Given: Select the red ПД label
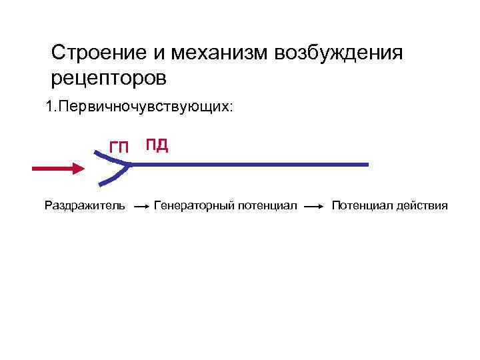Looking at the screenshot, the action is point(157,145).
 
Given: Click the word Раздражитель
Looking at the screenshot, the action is point(84,205).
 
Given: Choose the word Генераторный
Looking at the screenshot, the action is point(193,205).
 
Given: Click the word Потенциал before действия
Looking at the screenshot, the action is point(361,205).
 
